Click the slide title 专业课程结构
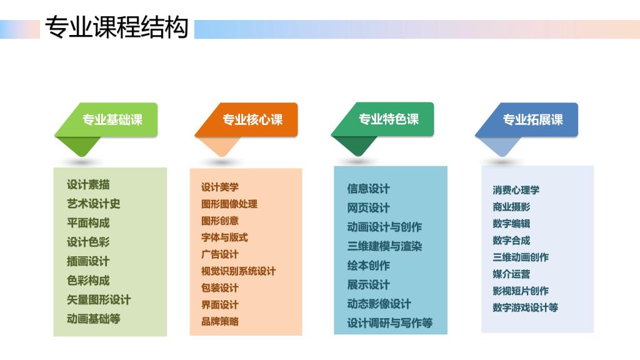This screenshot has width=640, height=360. click(117, 27)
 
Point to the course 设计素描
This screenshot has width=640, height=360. click(88, 184)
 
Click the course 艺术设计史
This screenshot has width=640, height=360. click(94, 204)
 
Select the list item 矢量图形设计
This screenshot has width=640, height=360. click(99, 299)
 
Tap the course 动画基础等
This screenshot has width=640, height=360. click(94, 319)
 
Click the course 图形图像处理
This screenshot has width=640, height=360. click(229, 204)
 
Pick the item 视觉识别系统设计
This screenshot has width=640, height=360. click(238, 271)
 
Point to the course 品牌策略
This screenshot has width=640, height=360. click(219, 321)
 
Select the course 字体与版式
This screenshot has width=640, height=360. click(224, 237)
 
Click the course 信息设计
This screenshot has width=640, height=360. click(368, 189)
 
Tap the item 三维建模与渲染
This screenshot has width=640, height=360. click(384, 246)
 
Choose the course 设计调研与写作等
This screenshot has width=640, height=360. click(390, 323)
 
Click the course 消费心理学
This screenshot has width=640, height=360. click(516, 190)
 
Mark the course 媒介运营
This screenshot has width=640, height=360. click(511, 274)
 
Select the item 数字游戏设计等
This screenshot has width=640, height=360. click(525, 307)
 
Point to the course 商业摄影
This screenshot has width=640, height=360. click(511, 207)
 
